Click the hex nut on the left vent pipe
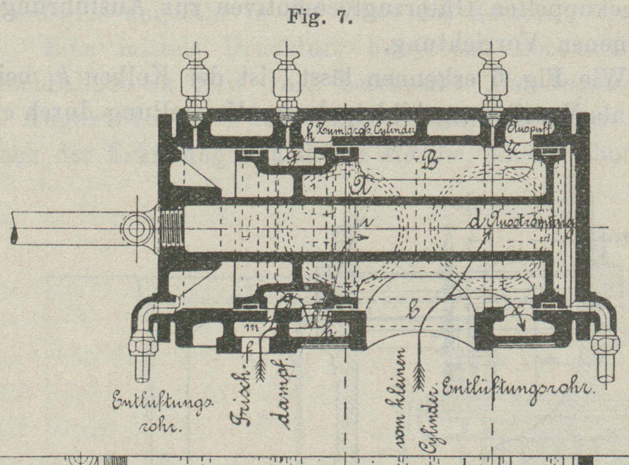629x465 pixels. (x=146, y=347)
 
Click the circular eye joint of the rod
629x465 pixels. (x=136, y=228)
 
